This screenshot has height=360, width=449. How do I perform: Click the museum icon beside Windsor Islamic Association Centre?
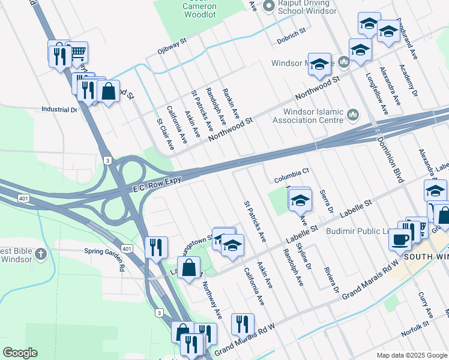click(352, 113)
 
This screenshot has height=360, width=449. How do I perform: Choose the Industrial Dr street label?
click(59, 110)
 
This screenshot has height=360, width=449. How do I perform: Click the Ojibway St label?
click(172, 45)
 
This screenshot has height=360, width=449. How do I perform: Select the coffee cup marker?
click(399, 239)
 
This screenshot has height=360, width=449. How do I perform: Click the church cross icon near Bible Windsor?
click(40, 253)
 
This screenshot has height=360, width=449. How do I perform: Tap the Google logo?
click(20, 352)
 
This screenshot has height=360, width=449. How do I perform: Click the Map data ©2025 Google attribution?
click(411, 355)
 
